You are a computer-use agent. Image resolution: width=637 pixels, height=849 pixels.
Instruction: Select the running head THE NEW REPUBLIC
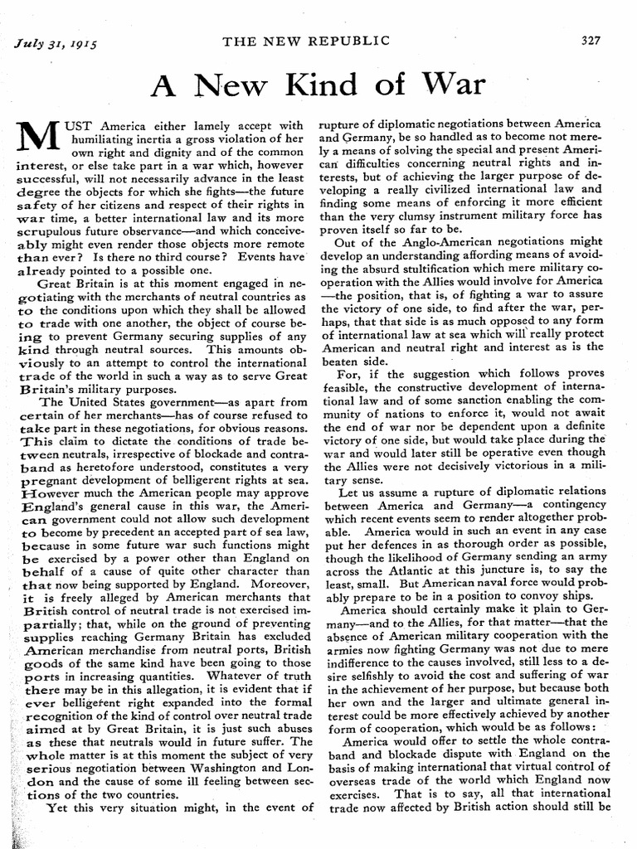coord(318,41)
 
